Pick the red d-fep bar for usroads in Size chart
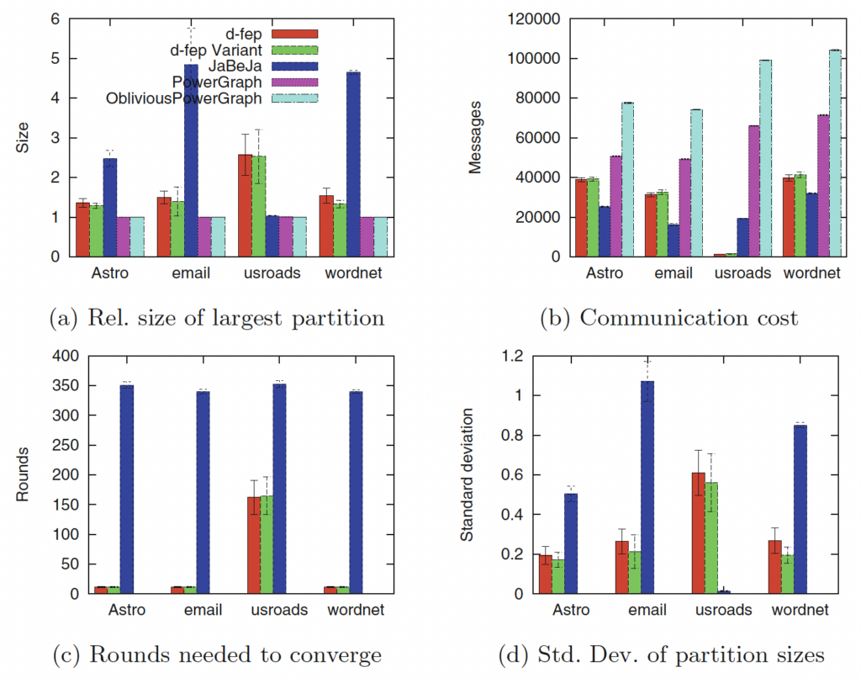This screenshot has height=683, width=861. [x=245, y=205]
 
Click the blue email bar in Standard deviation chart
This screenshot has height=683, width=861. [x=647, y=487]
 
